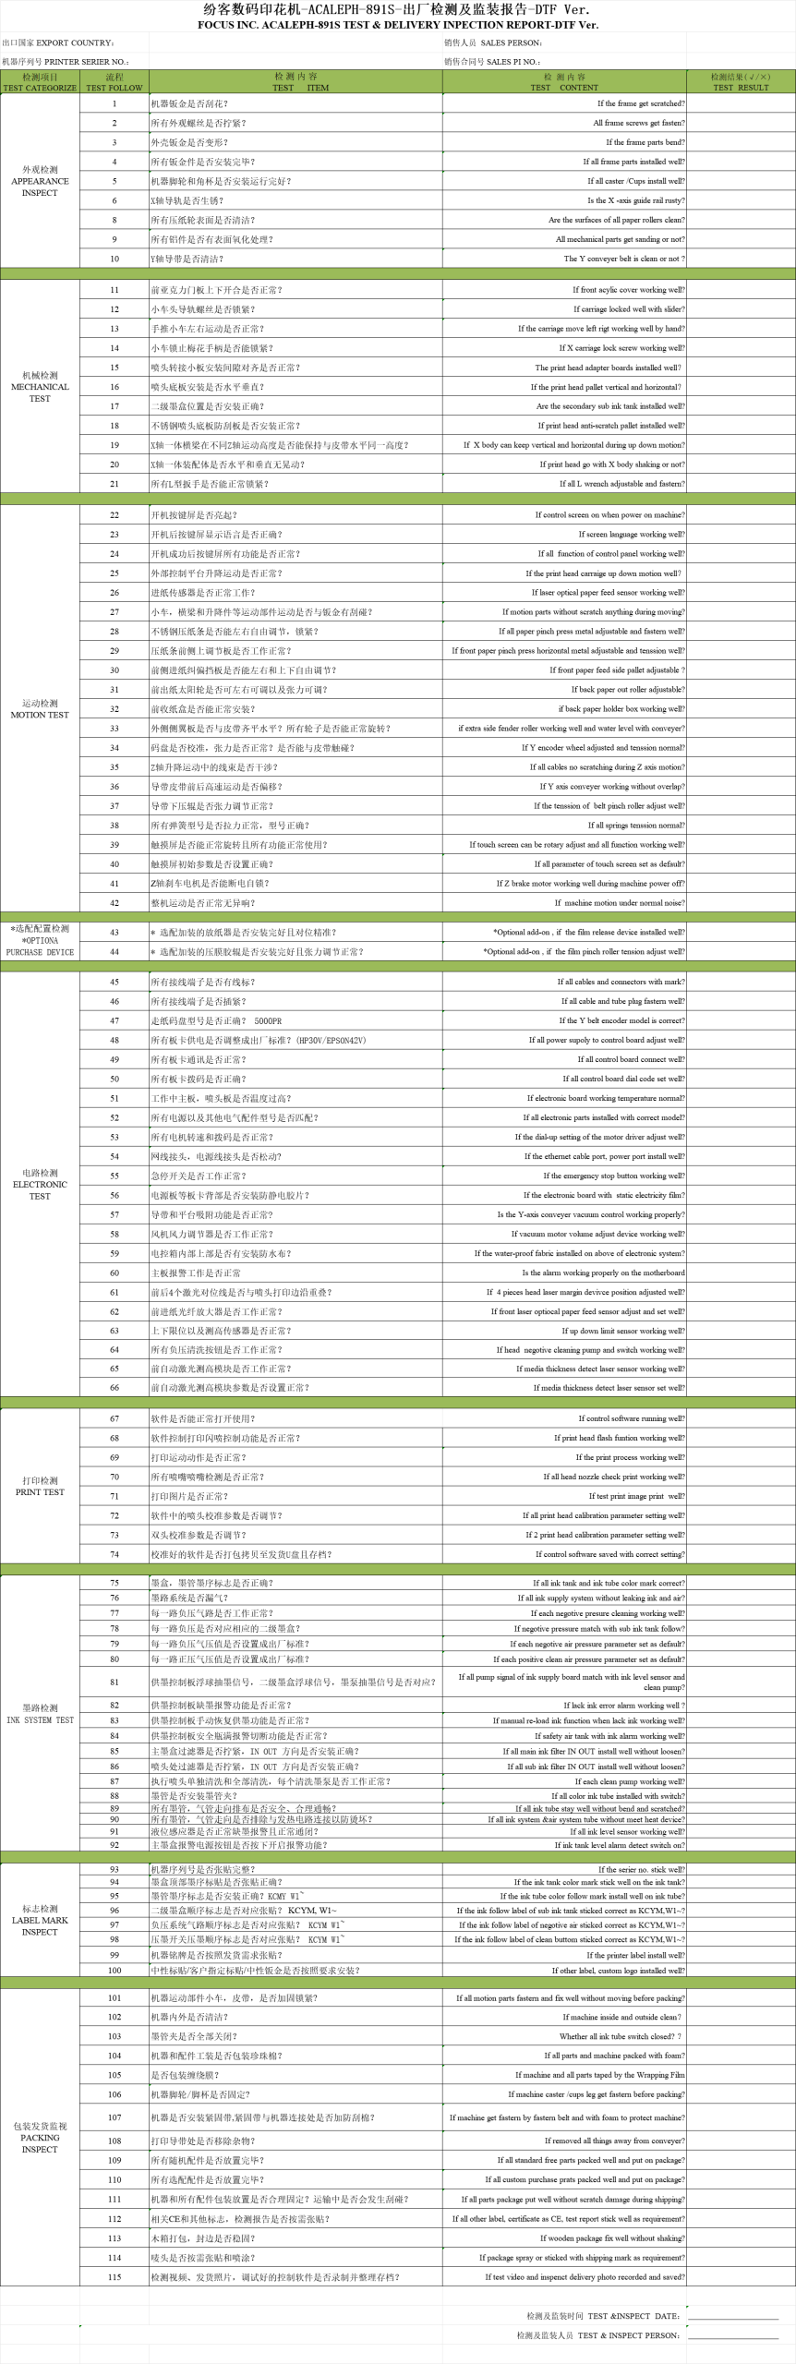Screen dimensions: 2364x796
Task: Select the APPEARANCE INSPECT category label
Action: pos(40,181)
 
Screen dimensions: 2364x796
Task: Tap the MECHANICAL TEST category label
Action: pos(40,387)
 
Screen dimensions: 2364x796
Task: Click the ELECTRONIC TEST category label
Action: pos(40,1184)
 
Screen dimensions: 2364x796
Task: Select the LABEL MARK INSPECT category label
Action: pos(40,1920)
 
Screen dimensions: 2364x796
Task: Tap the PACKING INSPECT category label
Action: pos(40,2137)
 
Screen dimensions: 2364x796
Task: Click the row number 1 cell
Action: pos(115,103)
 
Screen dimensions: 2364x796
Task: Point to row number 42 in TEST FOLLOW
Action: pos(115,903)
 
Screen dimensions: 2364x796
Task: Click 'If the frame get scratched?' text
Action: pos(640,103)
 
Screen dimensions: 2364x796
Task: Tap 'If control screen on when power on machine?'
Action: pos(609,515)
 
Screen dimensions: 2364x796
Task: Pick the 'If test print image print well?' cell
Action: pos(636,1496)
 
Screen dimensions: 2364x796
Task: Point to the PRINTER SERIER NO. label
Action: pos(65,62)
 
